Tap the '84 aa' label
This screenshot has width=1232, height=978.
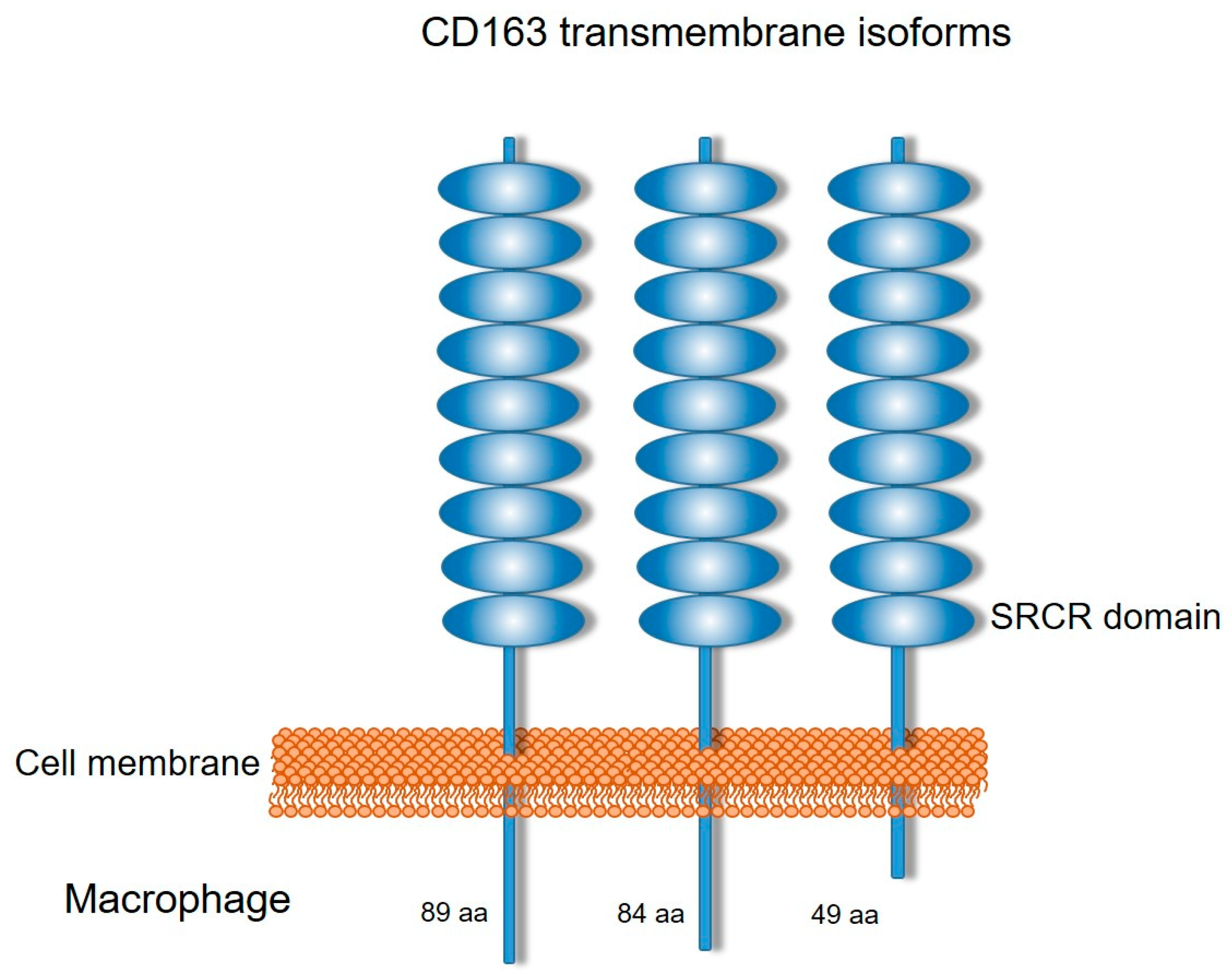(650, 913)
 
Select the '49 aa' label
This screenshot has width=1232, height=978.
(844, 915)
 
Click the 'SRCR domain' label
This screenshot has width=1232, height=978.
(1105, 617)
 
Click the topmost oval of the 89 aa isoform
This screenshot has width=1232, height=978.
(509, 189)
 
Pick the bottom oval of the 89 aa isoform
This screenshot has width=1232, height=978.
(514, 620)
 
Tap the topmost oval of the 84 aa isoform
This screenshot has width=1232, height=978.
(706, 189)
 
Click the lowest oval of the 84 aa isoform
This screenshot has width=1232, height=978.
(709, 620)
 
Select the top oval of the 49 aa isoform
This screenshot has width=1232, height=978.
(899, 189)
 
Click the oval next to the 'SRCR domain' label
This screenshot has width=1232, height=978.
(903, 620)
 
